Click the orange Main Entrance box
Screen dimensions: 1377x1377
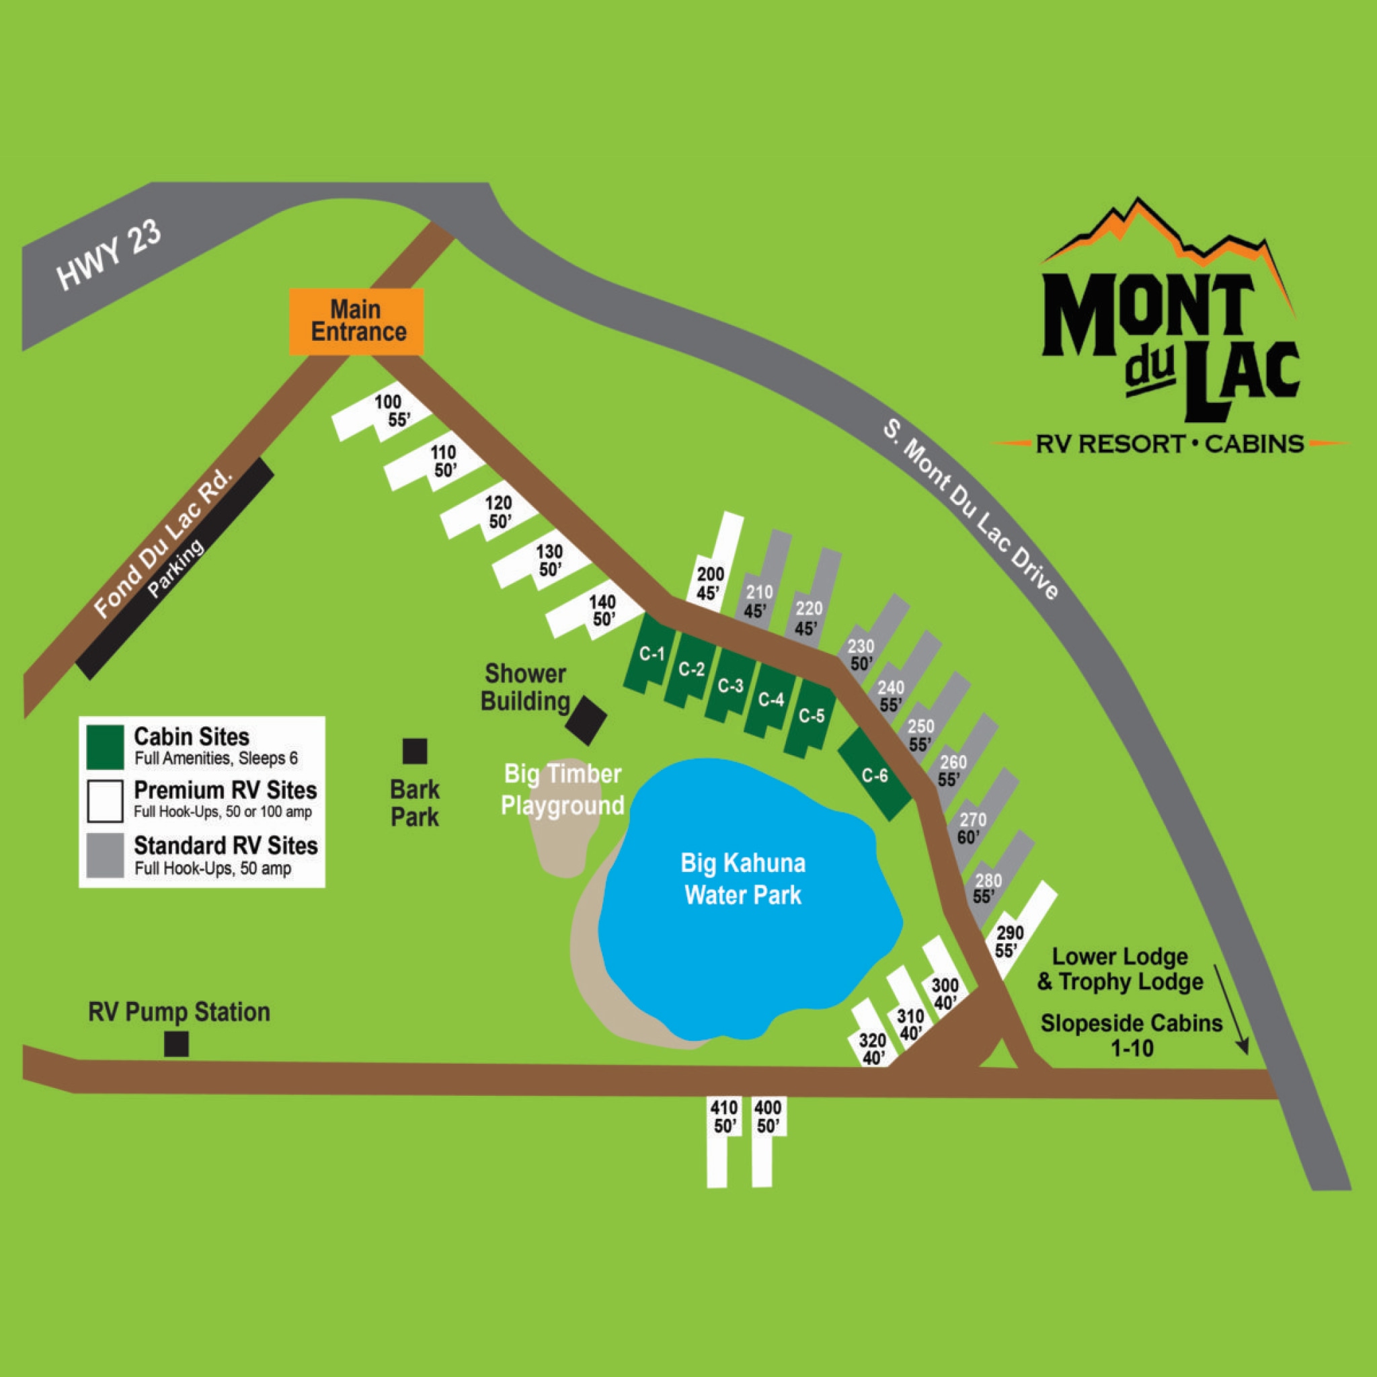tap(356, 321)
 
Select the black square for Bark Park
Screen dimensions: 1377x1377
tap(415, 751)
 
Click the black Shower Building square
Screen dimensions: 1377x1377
tap(586, 720)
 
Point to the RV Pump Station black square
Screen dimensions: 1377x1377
tap(176, 1044)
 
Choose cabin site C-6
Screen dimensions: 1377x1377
tap(874, 774)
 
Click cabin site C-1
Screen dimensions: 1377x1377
tap(650, 654)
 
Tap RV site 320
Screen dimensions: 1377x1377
tap(871, 1035)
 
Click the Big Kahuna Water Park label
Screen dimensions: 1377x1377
tap(743, 879)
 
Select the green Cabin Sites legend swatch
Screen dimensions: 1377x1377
tap(105, 747)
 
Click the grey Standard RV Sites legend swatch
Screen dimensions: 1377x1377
tap(105, 856)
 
